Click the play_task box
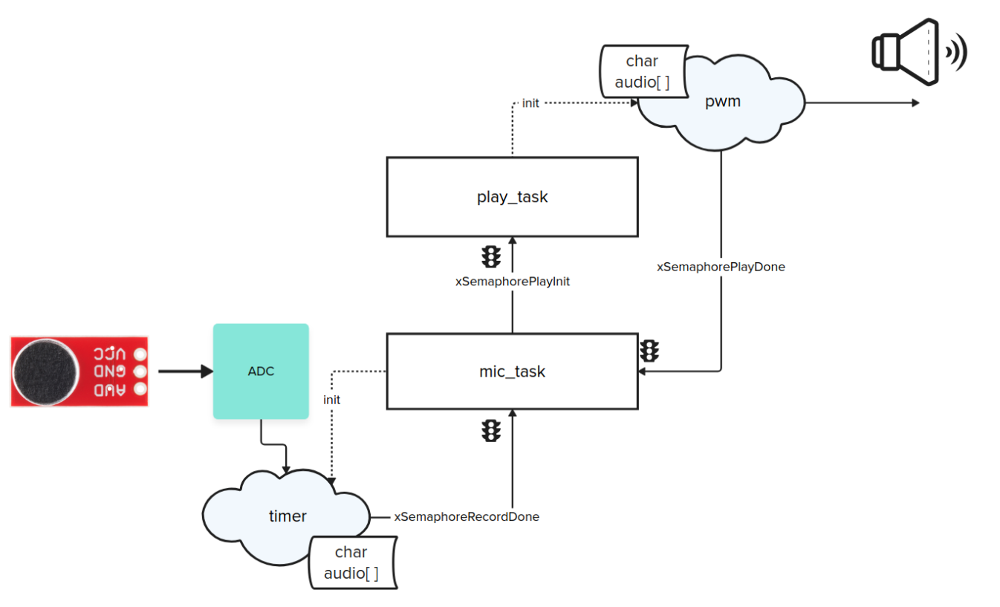pos(512,197)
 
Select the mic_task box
pos(512,371)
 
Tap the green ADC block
pos(261,371)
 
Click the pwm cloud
pos(722,102)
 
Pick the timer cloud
pos(287,516)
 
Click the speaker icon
pos(918,51)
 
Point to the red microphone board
pos(79,371)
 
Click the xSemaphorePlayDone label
pos(721,267)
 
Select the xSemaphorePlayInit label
pos(513,282)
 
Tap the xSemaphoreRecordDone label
pos(467,516)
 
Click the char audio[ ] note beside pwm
pos(641,71)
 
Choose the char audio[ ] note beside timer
pos(351,562)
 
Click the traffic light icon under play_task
pos(490,256)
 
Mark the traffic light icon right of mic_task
pos(650,351)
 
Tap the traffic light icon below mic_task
pos(490,430)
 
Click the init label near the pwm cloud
pos(530,103)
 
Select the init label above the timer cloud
pos(331,400)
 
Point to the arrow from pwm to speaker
pos(862,103)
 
